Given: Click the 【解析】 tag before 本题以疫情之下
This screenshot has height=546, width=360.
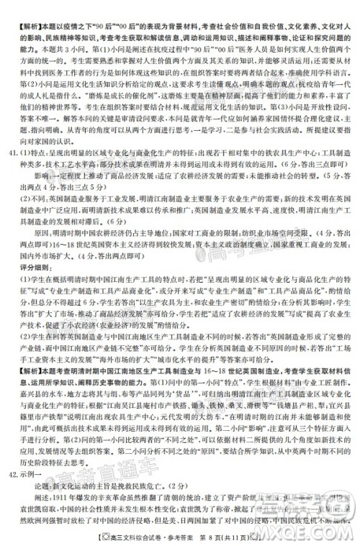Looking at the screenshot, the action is [x=19, y=5].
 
